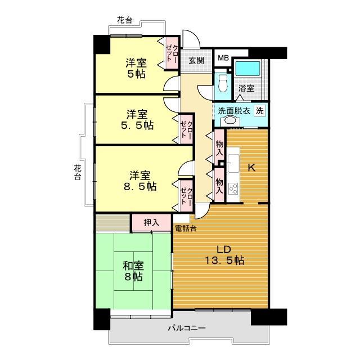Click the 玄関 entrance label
click(196, 60)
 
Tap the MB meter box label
click(223, 57)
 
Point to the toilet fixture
click(223, 83)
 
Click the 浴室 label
click(246, 88)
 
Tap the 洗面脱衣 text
click(234, 110)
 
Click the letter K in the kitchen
click(252, 166)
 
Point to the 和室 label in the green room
click(133, 264)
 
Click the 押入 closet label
click(151, 222)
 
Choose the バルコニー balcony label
click(187, 328)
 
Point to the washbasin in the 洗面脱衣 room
click(229, 121)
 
